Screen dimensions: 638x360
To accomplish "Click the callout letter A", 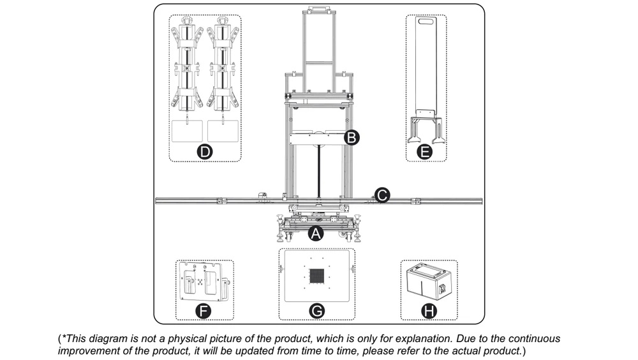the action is click(x=316, y=234).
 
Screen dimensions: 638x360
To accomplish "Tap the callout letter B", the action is click(x=352, y=137).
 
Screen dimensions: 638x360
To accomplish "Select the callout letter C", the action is click(x=382, y=195).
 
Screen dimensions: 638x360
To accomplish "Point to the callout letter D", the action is click(x=205, y=152).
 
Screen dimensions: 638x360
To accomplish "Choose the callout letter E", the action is click(x=425, y=152).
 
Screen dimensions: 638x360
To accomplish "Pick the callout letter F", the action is click(x=203, y=311).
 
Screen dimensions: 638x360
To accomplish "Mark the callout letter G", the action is click(x=316, y=311).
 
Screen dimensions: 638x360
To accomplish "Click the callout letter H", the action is click(x=429, y=311).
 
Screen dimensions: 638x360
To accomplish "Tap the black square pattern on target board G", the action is click(x=316, y=276).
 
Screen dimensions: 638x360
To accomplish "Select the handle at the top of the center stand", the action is click(x=318, y=8).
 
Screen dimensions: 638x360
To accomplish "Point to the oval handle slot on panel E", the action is click(x=426, y=21).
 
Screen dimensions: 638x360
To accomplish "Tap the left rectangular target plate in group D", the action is click(x=187, y=131).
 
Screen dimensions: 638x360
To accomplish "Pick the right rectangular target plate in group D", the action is click(x=223, y=131).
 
